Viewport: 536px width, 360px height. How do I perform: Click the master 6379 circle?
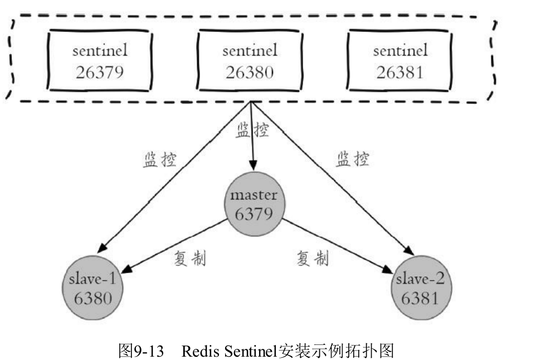pos(254,204)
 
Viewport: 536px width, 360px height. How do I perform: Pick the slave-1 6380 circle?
pos(92,288)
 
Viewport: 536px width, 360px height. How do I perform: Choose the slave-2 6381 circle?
pos(421,288)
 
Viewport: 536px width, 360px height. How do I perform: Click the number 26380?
pos(250,72)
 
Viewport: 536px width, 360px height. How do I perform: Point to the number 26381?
pos(399,72)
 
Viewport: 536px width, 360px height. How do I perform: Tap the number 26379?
pos(100,72)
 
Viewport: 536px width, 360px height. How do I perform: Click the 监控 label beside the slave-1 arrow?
pos(160,159)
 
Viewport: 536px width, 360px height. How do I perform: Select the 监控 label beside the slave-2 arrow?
pos(353,159)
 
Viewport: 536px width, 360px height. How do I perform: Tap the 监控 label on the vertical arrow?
pos(252,130)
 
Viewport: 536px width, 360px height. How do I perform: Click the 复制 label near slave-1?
pos(190,259)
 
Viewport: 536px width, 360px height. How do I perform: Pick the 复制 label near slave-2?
pos(312,258)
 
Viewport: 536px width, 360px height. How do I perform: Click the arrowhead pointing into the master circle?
pos(253,165)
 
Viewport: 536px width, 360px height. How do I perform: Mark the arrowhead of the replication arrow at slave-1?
pos(127,269)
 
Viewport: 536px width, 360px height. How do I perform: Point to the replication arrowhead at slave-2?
pos(387,269)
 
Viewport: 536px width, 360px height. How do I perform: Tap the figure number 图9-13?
pos(141,351)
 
